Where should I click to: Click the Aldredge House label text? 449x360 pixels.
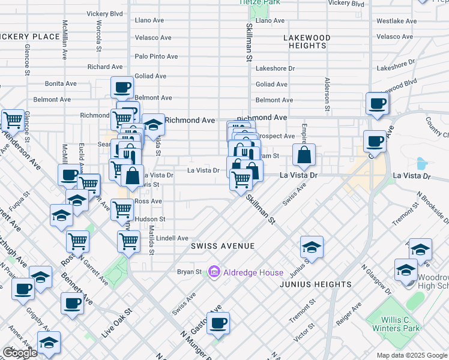[x=253, y=272]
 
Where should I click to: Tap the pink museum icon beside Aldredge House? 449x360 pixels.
[x=214, y=272]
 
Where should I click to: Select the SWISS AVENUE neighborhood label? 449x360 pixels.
[x=223, y=246]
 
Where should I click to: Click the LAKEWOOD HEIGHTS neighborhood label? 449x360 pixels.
[x=306, y=41]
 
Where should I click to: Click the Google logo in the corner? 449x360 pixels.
[x=20, y=353]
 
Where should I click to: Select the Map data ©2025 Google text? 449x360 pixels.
[x=411, y=355]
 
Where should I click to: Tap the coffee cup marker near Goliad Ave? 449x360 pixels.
[x=122, y=88]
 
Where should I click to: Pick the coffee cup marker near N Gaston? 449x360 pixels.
[x=218, y=323]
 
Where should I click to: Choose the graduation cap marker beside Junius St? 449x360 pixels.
[x=312, y=246]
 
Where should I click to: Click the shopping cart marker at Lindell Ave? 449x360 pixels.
[x=129, y=242]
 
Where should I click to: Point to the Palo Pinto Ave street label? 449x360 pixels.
[x=156, y=56]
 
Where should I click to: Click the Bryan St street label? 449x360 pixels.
[x=189, y=272]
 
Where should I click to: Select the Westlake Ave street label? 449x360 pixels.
[x=396, y=20]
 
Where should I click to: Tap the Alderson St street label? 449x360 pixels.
[x=328, y=95]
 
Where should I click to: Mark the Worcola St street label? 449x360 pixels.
[x=99, y=36]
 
